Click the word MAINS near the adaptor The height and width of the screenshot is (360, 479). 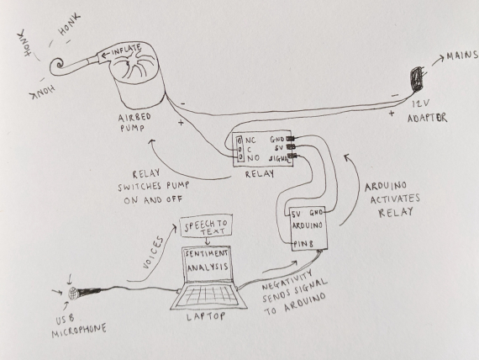[462, 56]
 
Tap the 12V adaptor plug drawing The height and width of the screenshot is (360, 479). [417, 79]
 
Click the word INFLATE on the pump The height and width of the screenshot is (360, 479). [126, 50]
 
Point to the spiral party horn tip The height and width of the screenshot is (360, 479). [58, 64]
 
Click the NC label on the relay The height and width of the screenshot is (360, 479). [250, 140]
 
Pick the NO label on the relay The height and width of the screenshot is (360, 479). [253, 158]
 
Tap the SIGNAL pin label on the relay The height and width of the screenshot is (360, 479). [279, 159]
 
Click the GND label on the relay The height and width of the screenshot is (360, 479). [277, 140]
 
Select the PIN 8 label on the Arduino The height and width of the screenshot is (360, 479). [303, 244]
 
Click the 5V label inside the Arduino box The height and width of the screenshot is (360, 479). [297, 214]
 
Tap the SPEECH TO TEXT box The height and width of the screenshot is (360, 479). [206, 225]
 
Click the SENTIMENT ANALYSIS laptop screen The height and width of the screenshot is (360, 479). [207, 263]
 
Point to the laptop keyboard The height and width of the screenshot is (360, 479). [208, 296]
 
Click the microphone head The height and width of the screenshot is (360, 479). [73, 294]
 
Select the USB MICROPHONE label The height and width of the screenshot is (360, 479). [79, 326]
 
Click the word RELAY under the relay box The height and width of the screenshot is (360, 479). [260, 174]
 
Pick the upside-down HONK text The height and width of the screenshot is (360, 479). [42, 92]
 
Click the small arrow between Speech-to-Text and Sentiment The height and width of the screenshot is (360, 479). [208, 241]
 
